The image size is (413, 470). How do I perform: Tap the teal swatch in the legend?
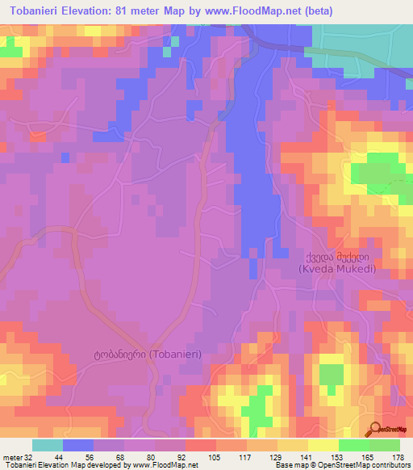tap(47, 445)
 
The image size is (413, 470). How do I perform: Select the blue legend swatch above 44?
tap(77, 445)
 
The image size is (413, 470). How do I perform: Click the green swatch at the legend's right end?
tap(384, 445)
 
